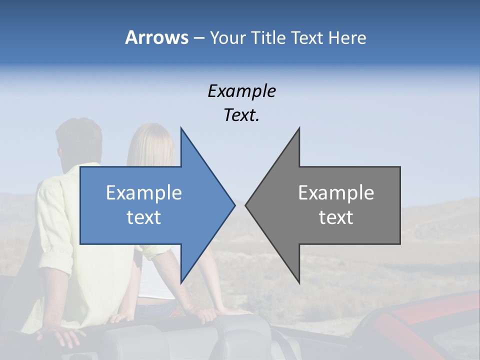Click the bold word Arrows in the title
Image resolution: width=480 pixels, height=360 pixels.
tap(156, 37)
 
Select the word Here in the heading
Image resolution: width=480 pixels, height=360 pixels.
tap(346, 37)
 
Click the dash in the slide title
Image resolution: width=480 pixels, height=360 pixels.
tap(198, 38)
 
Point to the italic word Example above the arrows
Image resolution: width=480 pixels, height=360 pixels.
tap(241, 91)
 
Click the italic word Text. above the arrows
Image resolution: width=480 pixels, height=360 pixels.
tap(241, 115)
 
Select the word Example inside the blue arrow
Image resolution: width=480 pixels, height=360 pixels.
tap(143, 193)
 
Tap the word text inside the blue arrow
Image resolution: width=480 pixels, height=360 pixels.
tap(143, 217)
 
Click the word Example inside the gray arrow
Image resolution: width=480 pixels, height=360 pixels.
tap(336, 193)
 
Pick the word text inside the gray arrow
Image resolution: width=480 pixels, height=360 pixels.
tap(336, 217)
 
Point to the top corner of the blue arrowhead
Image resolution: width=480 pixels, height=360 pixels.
tap(181, 129)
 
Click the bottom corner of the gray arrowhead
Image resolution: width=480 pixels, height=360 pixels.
tap(299, 282)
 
